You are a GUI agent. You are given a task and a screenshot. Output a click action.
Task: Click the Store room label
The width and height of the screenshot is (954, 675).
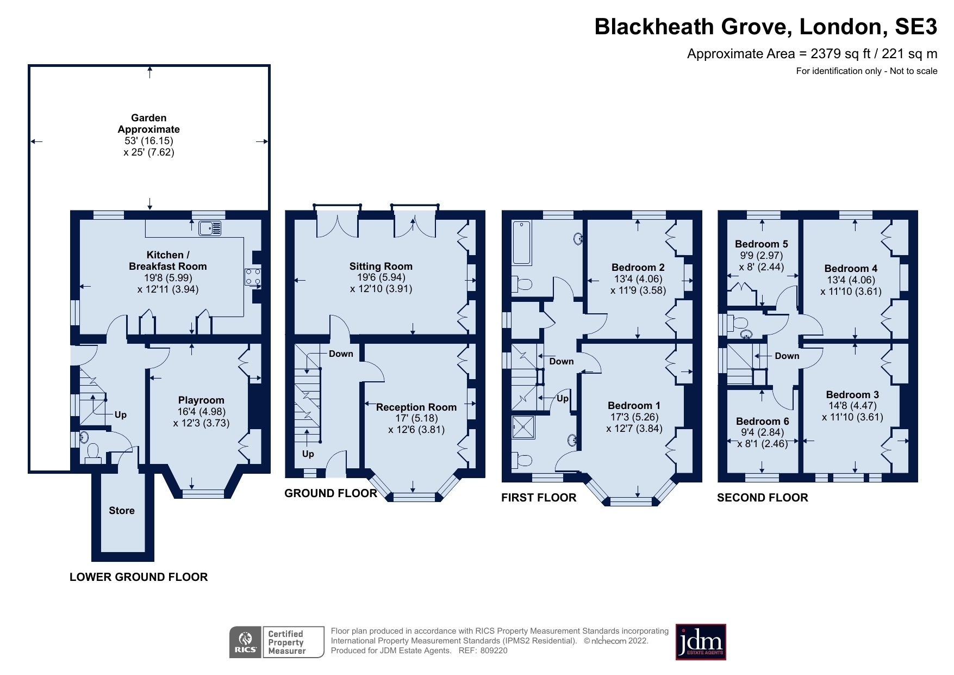point(121,511)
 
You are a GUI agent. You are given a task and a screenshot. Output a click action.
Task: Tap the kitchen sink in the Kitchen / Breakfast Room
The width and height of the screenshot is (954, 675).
point(210,228)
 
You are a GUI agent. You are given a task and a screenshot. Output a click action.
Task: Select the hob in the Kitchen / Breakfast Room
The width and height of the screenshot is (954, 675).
point(252,276)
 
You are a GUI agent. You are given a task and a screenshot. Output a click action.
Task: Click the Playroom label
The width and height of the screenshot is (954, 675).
point(201,400)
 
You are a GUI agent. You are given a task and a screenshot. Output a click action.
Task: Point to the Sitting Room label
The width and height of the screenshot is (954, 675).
point(381,267)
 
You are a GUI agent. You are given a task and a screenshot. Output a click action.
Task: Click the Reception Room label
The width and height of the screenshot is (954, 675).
point(416,407)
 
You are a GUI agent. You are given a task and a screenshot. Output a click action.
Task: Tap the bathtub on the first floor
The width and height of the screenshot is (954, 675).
point(522,243)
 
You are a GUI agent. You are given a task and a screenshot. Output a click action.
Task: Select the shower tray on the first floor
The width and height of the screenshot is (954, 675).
point(523,428)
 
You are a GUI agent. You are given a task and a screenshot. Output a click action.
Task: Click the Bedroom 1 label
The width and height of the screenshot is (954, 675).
point(634,406)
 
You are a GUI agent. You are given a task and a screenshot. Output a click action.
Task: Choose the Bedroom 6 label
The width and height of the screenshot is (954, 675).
point(762,422)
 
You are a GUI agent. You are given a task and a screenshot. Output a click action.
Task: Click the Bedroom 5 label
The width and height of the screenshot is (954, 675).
point(761,244)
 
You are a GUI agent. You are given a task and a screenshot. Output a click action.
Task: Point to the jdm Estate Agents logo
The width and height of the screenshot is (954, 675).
point(701,642)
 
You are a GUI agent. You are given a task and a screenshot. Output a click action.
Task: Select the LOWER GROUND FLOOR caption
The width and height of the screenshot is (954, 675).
point(139,577)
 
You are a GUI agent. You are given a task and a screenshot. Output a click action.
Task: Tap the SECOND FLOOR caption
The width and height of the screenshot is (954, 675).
point(762,498)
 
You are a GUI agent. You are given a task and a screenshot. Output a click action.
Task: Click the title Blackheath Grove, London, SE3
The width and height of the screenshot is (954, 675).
point(765,27)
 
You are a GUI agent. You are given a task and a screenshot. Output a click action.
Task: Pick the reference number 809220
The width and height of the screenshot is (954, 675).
point(494,651)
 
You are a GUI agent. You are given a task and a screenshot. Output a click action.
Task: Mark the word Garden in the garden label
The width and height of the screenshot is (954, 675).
point(149,118)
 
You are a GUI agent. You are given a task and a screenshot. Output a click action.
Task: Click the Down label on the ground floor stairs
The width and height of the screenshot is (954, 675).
point(341,354)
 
